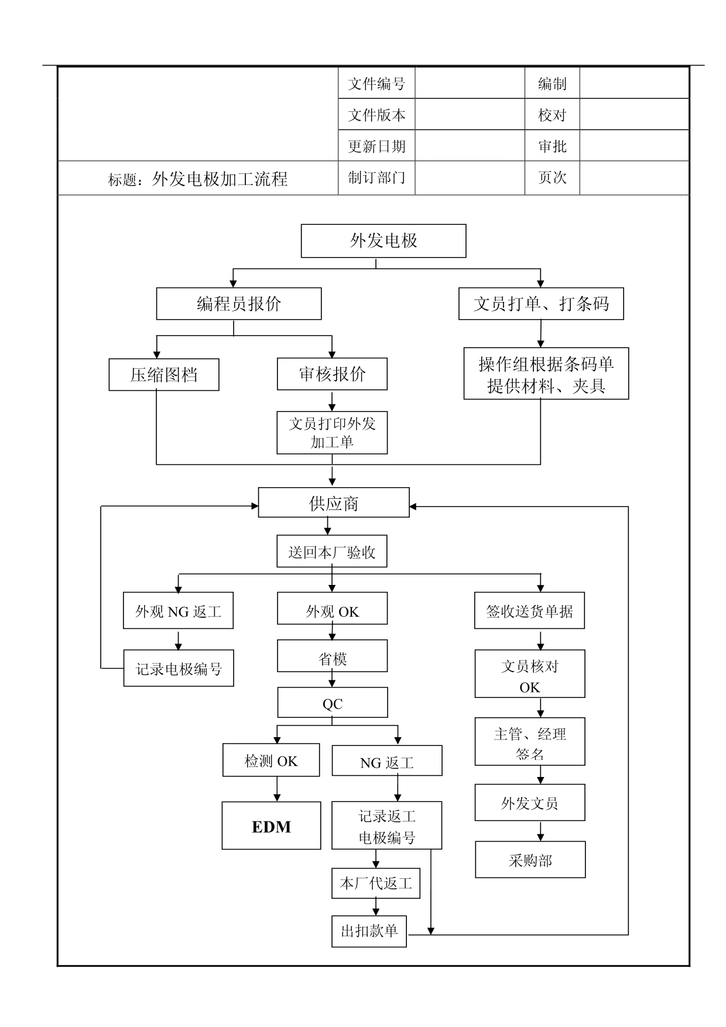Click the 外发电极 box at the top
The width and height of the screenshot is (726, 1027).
[x=383, y=241]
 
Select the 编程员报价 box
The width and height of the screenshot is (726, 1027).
[x=239, y=304]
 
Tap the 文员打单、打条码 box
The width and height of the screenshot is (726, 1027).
[x=541, y=304]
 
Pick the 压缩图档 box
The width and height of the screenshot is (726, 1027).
[x=164, y=375]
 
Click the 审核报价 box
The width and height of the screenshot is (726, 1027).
[x=332, y=374]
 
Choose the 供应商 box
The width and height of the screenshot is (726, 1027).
[x=334, y=503]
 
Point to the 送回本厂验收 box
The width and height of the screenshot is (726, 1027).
[x=332, y=552]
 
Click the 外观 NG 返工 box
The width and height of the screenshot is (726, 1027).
[x=178, y=611]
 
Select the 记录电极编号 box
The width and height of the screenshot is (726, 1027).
[x=179, y=669]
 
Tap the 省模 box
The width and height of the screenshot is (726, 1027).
[x=332, y=656]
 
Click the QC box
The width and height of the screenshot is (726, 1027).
[x=333, y=703]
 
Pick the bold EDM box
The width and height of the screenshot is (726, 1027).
[x=271, y=826]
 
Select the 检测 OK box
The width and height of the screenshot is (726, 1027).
[x=271, y=761]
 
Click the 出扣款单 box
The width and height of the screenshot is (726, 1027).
[x=369, y=931]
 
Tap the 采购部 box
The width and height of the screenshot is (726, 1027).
[x=530, y=860]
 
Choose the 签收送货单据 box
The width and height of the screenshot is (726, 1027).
[x=529, y=611]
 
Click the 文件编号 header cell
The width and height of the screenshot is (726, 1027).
[x=376, y=84]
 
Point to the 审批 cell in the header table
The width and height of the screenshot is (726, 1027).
[x=552, y=146]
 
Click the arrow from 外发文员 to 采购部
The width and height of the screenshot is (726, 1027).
[x=540, y=831]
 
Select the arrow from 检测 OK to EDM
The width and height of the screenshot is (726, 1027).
[x=277, y=789]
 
